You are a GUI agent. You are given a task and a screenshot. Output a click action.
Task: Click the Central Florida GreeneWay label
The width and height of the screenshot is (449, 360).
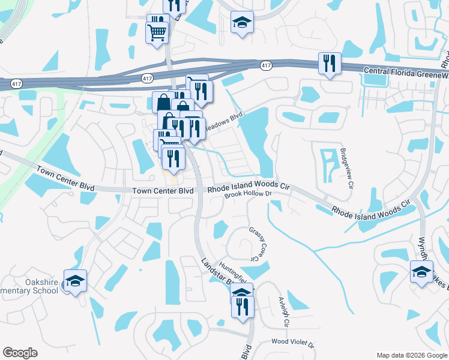[406, 71]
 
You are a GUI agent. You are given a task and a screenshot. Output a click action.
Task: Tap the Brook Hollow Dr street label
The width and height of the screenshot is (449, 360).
[249, 195]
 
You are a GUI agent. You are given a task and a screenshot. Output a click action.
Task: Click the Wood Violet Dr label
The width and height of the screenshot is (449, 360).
[292, 341]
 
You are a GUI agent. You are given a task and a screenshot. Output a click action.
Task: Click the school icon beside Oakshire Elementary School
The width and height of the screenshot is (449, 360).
[76, 281]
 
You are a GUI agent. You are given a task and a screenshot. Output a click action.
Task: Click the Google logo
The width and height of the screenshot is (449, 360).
[20, 352]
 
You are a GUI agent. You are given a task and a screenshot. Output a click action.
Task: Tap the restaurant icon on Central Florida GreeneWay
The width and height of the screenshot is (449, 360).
[330, 63]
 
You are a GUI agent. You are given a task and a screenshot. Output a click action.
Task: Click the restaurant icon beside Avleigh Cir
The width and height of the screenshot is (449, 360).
[243, 307]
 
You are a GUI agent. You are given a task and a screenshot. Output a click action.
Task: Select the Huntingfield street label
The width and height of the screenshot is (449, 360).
[233, 268]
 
